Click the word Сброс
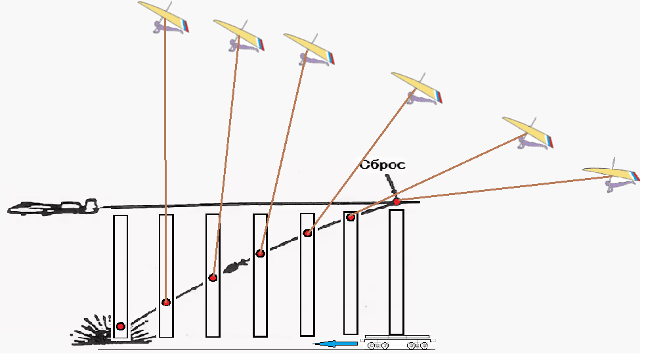coord(382,165)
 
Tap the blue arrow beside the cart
coord(334,343)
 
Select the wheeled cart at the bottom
coord(397,342)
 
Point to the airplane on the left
coord(53,208)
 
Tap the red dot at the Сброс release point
coord(397,200)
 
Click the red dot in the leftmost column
coord(120,326)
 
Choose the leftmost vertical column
coord(120,276)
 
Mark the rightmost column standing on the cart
coord(397,273)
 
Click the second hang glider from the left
coord(240,34)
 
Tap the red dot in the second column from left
coord(166,302)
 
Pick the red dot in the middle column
coord(261,253)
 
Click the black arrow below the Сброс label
coord(393,185)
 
